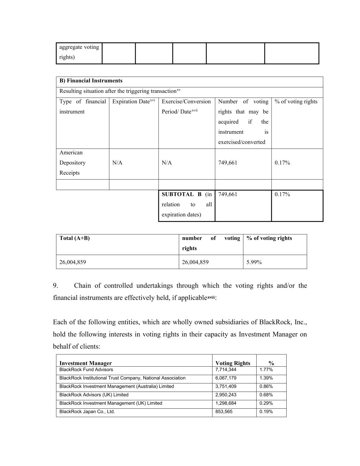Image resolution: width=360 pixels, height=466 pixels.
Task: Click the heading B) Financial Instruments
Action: (x=91, y=81)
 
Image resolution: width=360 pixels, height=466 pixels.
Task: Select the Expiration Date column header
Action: (x=133, y=101)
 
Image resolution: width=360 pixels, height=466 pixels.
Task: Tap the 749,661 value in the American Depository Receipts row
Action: (x=228, y=163)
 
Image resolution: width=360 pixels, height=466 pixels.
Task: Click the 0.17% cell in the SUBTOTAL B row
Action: (x=282, y=195)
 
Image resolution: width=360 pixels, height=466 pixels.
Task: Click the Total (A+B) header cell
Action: (x=74, y=238)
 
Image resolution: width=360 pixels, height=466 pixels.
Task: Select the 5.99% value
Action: (x=254, y=263)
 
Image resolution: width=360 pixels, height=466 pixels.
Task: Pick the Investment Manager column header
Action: (x=85, y=363)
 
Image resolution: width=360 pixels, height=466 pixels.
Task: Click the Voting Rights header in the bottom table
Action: (x=233, y=363)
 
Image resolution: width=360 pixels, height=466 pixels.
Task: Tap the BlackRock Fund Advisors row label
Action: (x=86, y=370)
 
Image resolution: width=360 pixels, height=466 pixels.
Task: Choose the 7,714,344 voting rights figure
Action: (x=226, y=370)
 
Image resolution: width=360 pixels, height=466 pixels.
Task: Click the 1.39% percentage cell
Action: (x=266, y=378)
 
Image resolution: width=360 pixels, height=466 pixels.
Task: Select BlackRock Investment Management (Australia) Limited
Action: (x=116, y=386)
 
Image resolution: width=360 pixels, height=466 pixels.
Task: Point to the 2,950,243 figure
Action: (x=226, y=395)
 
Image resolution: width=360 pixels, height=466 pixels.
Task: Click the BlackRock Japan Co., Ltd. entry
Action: (x=87, y=412)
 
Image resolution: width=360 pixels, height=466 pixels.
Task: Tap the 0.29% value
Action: (x=266, y=403)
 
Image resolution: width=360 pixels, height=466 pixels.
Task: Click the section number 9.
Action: (x=56, y=286)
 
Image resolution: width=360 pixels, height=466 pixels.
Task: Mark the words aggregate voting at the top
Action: (x=79, y=47)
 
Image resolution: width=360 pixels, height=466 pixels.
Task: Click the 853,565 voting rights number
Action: (x=224, y=412)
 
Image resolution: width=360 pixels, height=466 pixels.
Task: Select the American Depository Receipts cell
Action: (x=72, y=163)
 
